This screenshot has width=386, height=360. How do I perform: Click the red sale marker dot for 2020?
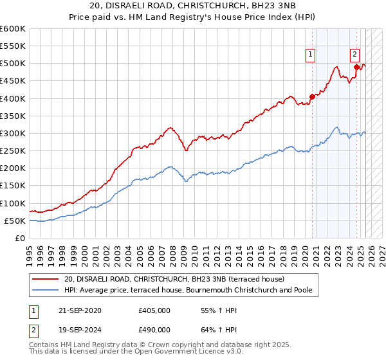click(312, 97)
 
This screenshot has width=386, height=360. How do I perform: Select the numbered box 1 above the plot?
click(310, 55)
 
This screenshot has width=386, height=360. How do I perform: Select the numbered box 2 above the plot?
click(354, 55)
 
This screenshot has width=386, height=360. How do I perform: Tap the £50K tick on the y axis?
click(15, 221)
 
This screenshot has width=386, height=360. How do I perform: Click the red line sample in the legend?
click(45, 278)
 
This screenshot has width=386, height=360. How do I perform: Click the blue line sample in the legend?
click(45, 290)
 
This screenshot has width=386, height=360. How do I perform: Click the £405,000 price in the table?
click(154, 310)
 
